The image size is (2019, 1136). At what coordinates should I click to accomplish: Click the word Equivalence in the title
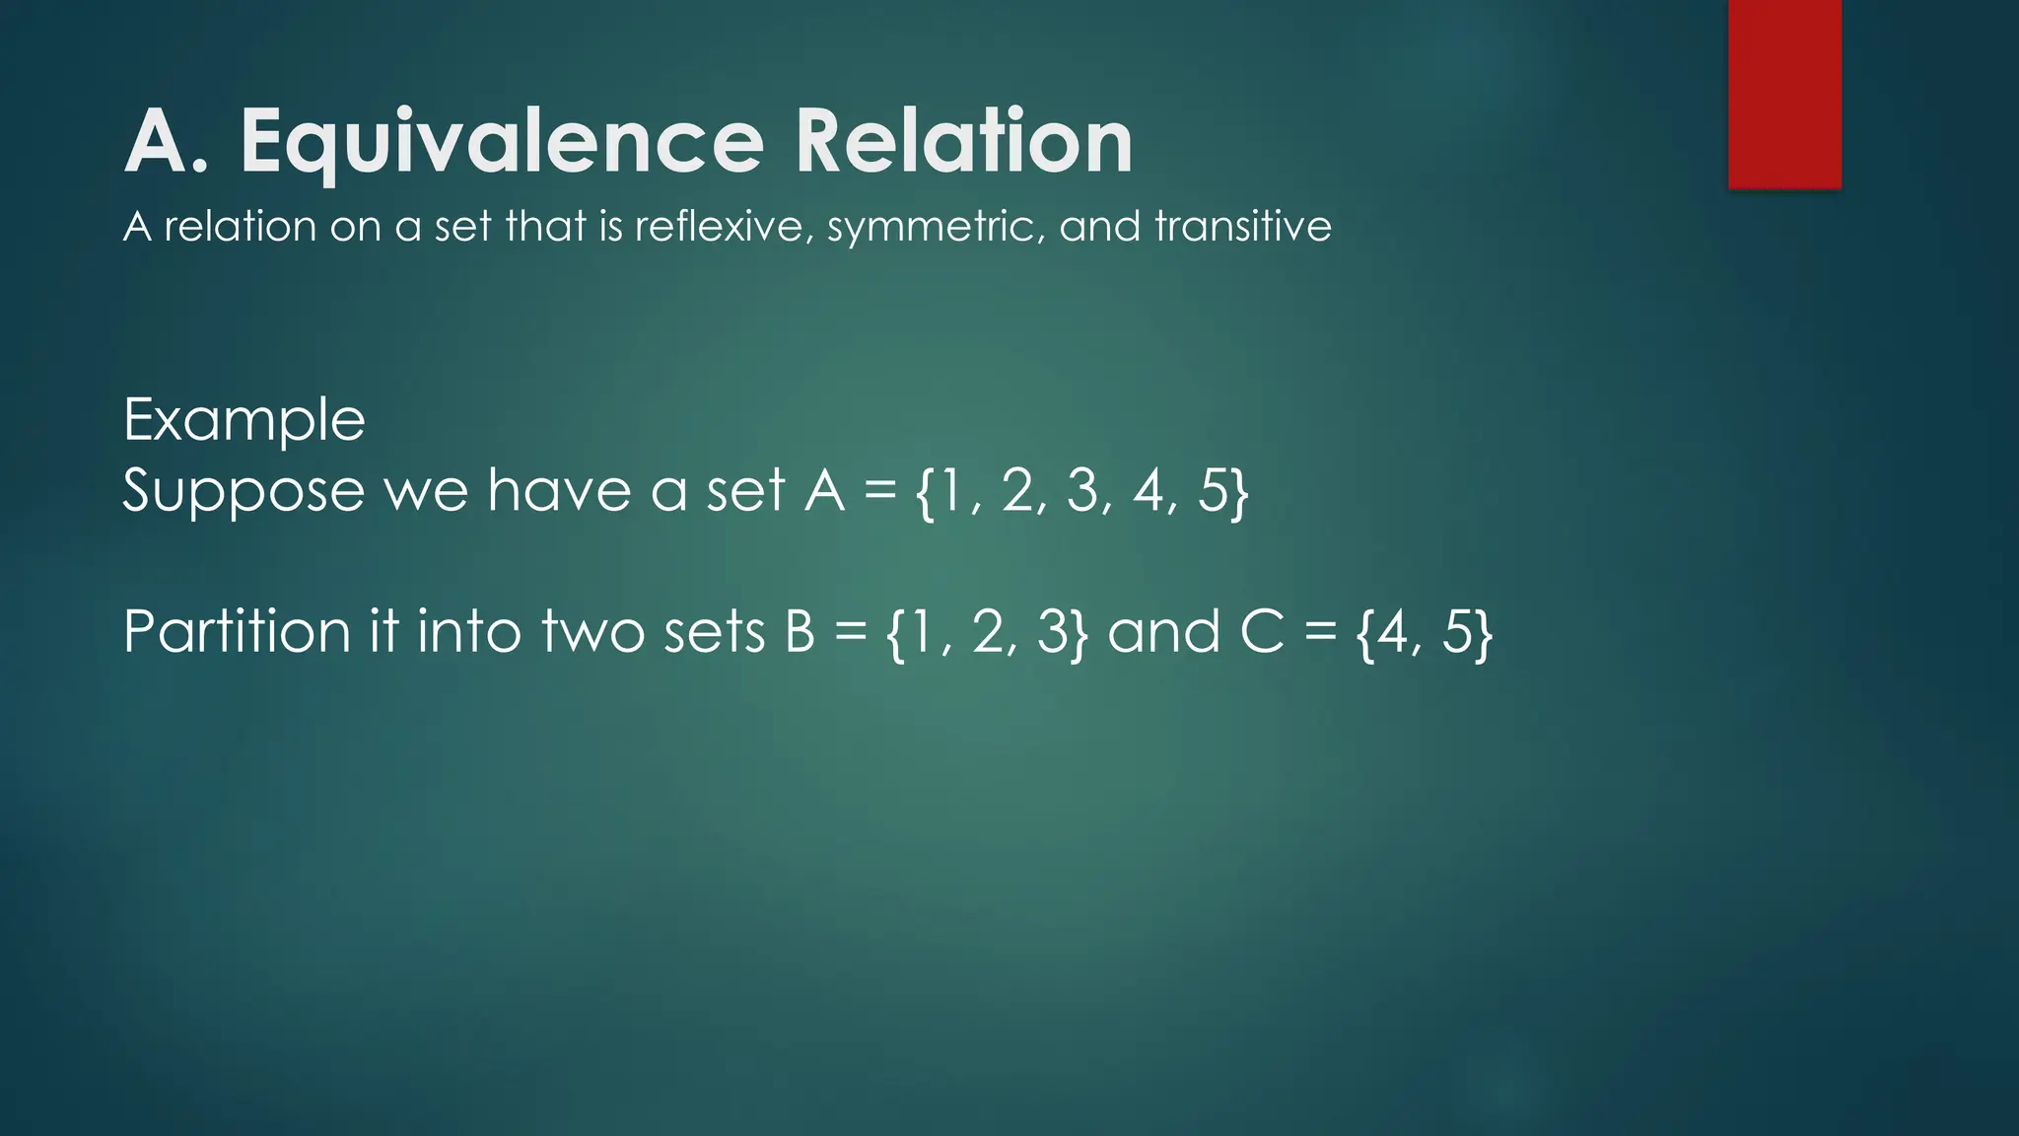coord(502,143)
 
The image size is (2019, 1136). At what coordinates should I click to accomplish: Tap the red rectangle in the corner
coord(1784,94)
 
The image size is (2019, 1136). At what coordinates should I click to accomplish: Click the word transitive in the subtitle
coord(1243,227)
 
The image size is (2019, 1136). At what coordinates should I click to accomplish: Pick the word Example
coord(244,421)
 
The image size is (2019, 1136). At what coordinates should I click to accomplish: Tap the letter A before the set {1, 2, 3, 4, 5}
coord(824,490)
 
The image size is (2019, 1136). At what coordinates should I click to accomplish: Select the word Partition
coord(237,632)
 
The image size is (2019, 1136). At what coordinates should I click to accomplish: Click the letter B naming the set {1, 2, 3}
coord(801,632)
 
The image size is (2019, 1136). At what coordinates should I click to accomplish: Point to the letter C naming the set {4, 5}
coord(1263,632)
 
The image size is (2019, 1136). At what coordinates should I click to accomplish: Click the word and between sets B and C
coord(1164,632)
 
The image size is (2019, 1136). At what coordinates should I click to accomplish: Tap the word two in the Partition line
coord(591,632)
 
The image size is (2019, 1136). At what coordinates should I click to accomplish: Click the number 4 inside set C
coord(1393,632)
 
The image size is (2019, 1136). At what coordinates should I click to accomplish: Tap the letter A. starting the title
coord(162,143)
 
